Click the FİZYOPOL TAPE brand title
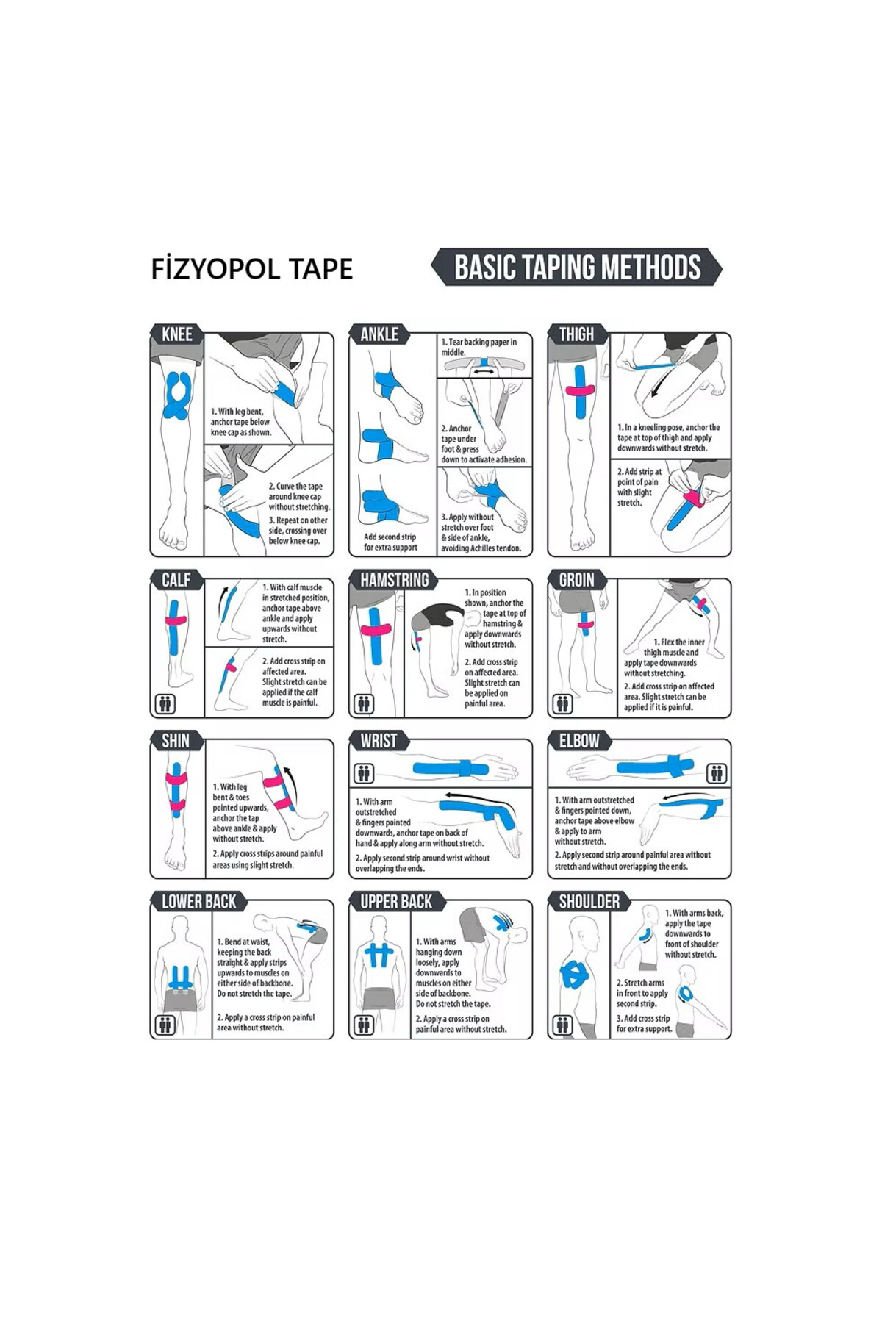coord(251,269)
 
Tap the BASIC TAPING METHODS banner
coord(577,268)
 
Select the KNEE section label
coord(176,334)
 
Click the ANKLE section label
coord(379,334)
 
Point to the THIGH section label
coord(576,334)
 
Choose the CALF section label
coord(176,580)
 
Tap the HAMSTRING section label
coord(394,580)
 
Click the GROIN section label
coord(576,580)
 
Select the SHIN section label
coord(175,740)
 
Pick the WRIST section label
coord(379,740)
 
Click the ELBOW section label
coord(579,740)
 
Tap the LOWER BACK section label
coord(198,901)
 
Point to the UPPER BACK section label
coord(396,901)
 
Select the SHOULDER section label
coord(589,901)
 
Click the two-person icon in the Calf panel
coord(165,704)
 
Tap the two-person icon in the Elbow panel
coord(717,773)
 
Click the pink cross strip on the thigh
coord(580,391)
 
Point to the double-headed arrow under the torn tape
coord(483,373)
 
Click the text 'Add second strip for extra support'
coord(390,542)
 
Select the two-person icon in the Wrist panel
coord(364,773)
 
